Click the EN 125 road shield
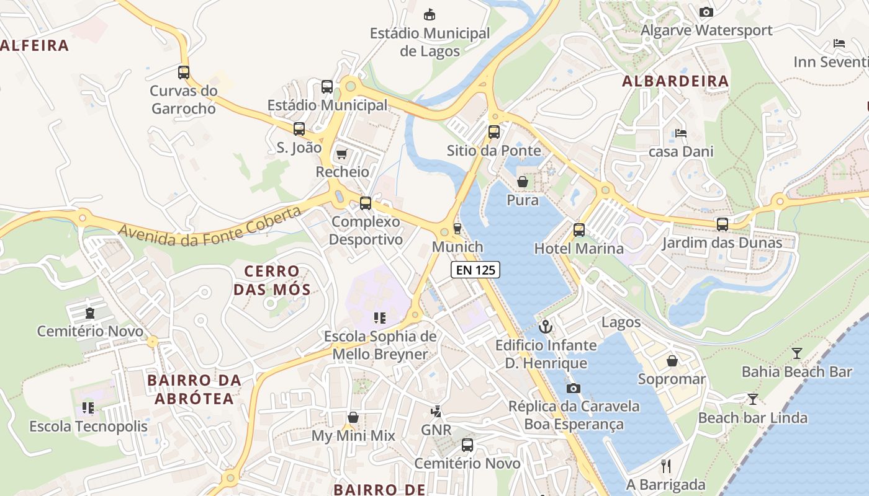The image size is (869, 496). point(475,270)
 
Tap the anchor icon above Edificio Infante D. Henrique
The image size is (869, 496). point(546,326)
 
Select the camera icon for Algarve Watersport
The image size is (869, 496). point(706,12)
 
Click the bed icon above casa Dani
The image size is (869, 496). point(681,133)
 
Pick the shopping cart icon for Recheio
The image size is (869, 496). point(341,154)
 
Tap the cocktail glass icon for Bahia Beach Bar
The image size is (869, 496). point(797,353)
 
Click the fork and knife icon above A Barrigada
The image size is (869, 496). point(666,466)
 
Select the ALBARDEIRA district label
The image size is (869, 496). point(675,81)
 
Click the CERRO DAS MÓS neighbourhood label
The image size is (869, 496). point(272,280)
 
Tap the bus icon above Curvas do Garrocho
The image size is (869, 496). point(184,72)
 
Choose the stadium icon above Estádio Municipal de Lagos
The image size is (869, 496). point(429,14)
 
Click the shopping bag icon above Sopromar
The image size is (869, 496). point(672,360)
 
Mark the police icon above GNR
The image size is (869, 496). point(436,411)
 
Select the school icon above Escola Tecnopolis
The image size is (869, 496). point(88,408)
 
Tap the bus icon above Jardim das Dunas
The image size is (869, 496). point(722,224)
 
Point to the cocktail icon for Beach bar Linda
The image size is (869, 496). point(753,399)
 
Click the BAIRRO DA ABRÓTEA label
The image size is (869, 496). point(194,389)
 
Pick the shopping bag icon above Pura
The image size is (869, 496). point(523,182)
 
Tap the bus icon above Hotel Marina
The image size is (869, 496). point(579,230)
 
